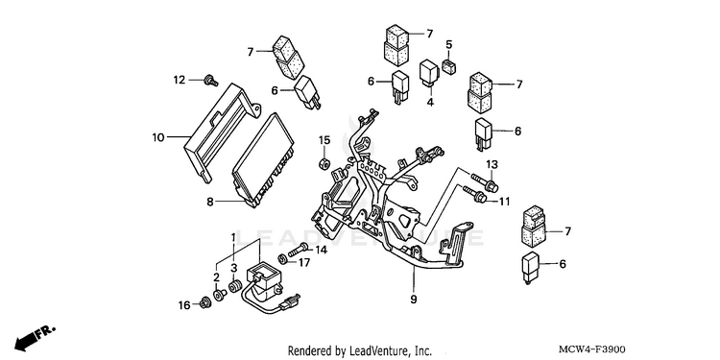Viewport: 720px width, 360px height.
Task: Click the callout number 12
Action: (x=179, y=80)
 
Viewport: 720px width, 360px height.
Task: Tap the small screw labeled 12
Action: (x=211, y=81)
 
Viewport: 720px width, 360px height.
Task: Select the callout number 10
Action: (x=158, y=137)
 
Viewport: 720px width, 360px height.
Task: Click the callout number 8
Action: (x=210, y=202)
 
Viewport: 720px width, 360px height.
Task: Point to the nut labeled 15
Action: (x=324, y=163)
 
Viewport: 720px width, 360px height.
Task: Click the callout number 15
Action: (x=324, y=139)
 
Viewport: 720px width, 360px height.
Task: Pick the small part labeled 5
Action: (x=448, y=66)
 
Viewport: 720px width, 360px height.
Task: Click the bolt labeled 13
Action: (x=485, y=182)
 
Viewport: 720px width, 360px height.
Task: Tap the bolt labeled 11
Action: (x=476, y=194)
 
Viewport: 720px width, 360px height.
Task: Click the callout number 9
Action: (x=413, y=300)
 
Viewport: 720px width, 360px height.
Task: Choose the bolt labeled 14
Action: (x=299, y=250)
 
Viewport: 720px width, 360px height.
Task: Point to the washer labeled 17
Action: (x=283, y=258)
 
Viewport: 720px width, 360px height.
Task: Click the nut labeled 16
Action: (x=204, y=302)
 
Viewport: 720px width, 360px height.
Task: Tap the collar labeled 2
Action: (x=219, y=295)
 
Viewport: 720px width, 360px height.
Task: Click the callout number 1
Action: (x=233, y=237)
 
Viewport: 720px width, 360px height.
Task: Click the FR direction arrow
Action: (x=35, y=337)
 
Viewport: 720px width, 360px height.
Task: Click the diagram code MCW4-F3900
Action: (x=591, y=349)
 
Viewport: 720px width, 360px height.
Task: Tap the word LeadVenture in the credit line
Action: (x=375, y=351)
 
